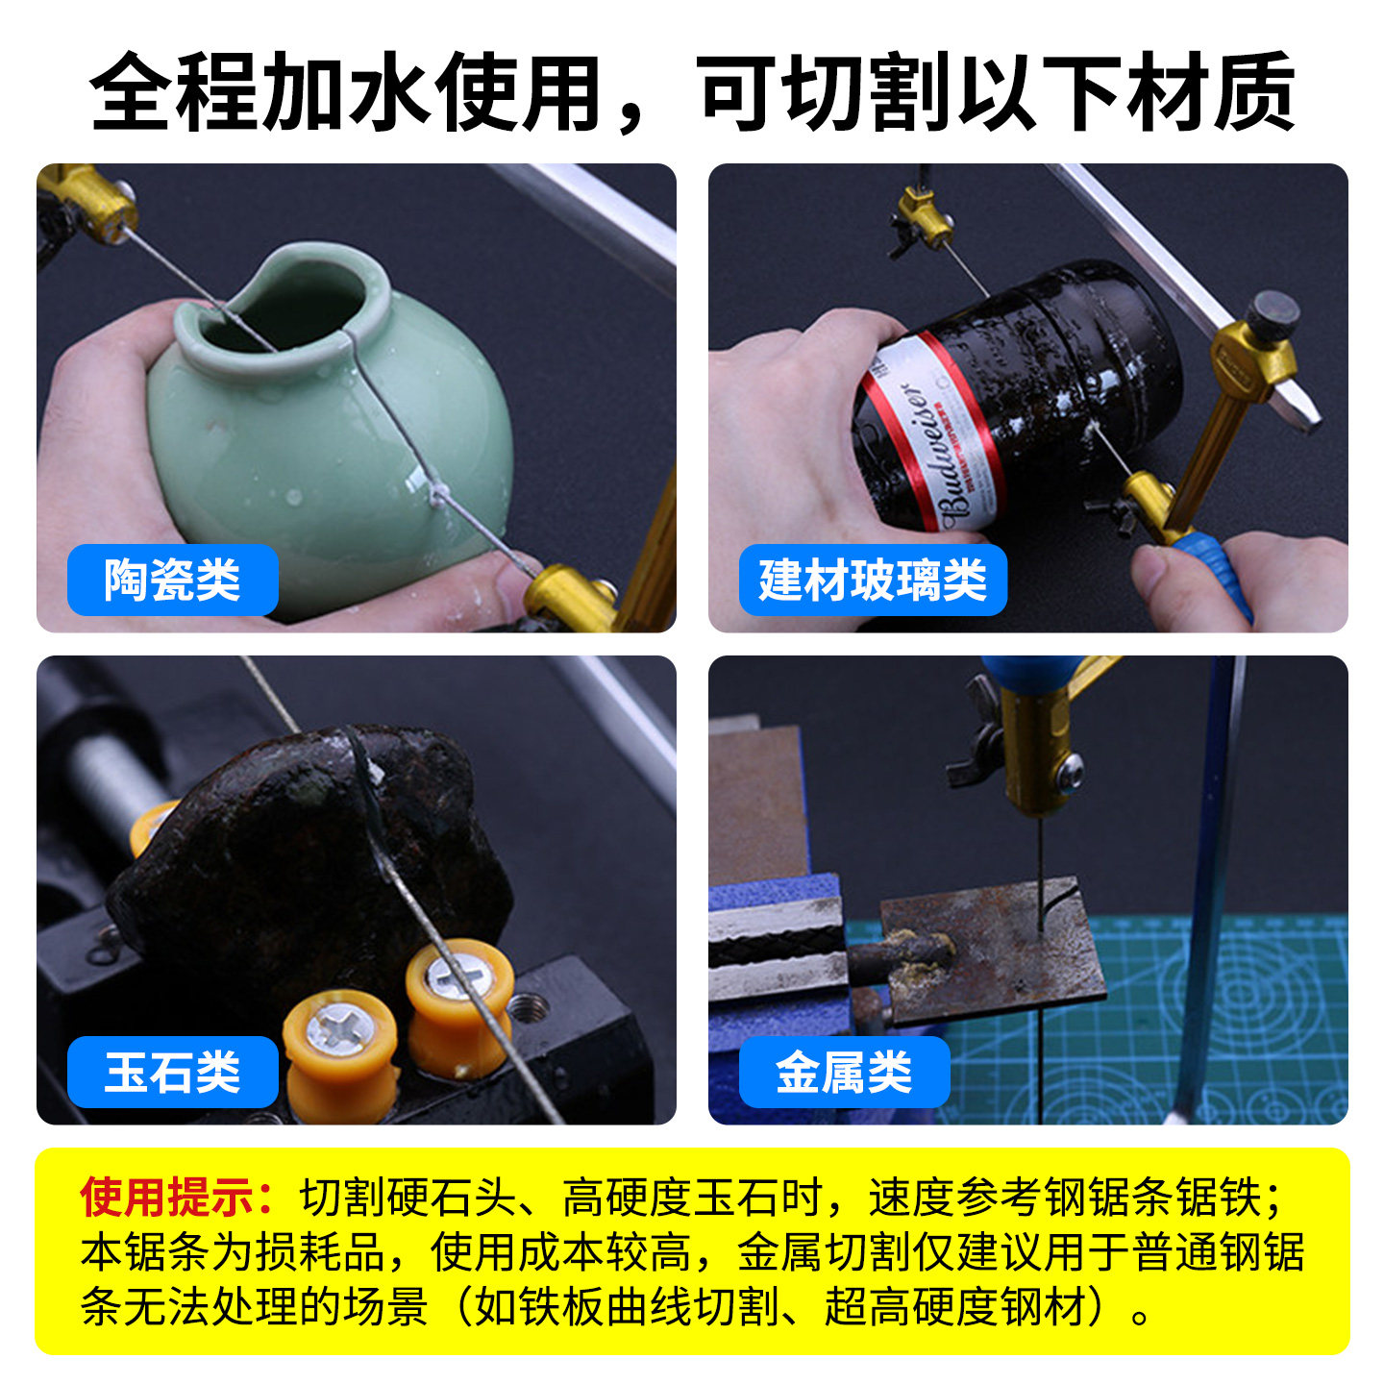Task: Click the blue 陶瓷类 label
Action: point(172,579)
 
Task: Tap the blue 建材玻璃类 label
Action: point(873,579)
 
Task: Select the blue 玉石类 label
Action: point(172,1072)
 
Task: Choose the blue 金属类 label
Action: point(844,1072)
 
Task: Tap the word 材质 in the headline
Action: point(1210,92)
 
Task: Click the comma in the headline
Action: point(632,118)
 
